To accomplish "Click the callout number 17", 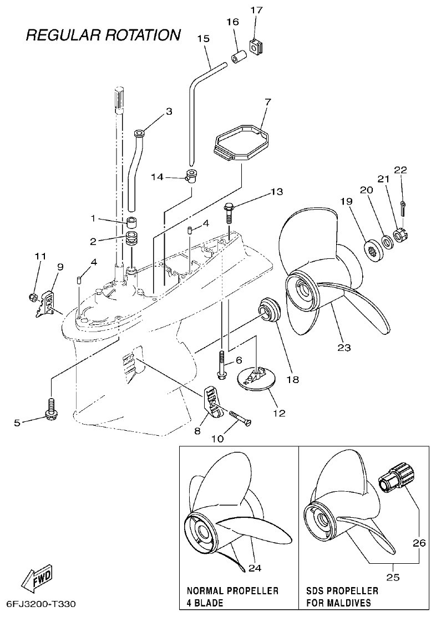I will click(x=257, y=10).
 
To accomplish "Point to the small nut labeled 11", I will click(x=33, y=297).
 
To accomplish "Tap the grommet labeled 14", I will click(x=192, y=177).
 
